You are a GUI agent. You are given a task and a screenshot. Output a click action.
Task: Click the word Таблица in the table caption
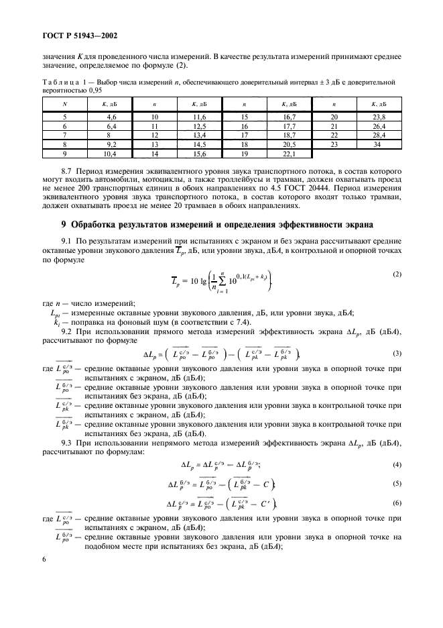[57, 82]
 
